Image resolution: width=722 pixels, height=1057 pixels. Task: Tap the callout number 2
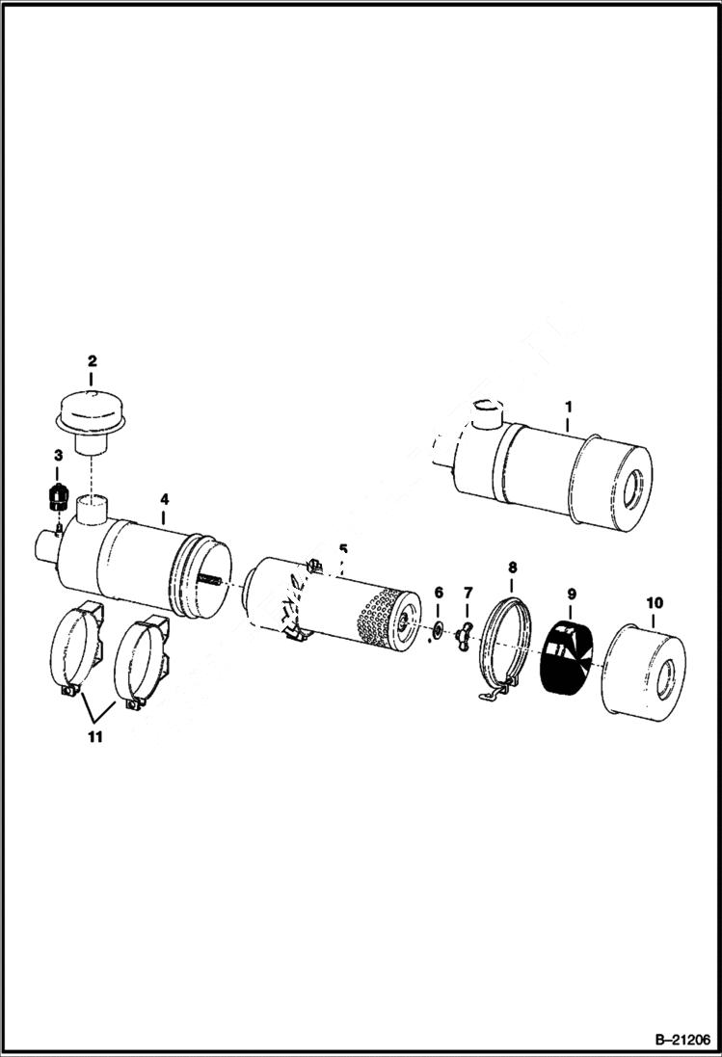tap(92, 361)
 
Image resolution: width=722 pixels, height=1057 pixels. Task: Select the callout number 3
tap(58, 455)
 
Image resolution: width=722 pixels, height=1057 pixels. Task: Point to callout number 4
tap(165, 499)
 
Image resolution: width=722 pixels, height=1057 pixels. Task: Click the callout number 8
tap(512, 568)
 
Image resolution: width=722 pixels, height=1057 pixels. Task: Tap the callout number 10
tap(655, 603)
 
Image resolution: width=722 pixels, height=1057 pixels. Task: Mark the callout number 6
tap(439, 592)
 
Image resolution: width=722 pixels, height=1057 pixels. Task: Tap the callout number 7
tap(468, 592)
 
